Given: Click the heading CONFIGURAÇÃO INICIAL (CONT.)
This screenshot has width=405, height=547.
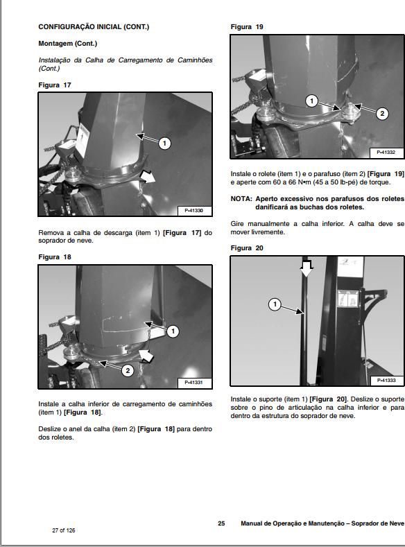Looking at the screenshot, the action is (94, 27).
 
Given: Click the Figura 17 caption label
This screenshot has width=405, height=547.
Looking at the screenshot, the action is (54, 85).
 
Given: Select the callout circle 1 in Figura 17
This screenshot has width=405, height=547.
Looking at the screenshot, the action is (164, 143).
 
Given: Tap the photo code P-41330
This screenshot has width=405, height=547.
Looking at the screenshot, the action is (193, 211).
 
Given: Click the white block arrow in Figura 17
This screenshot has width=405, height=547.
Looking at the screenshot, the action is (148, 177).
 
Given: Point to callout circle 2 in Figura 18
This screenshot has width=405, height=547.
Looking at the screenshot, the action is (128, 370).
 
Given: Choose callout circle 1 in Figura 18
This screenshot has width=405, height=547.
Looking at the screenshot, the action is (173, 331).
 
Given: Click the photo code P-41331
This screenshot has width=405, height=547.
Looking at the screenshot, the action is (193, 382).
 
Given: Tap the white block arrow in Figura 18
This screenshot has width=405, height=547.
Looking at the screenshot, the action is (146, 356).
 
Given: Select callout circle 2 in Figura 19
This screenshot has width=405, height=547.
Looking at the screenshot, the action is (382, 114).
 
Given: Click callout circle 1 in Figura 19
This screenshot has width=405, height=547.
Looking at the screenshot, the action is (311, 101).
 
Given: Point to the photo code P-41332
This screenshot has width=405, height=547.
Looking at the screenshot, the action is (386, 153).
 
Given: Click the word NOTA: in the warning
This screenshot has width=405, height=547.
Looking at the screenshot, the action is (241, 199).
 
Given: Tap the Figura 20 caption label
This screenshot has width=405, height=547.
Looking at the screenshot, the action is (247, 248).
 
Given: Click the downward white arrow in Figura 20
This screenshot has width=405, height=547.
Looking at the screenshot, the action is (307, 268).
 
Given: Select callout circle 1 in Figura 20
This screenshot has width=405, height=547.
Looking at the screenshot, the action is (275, 304).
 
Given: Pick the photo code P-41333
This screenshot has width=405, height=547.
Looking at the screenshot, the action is (386, 380).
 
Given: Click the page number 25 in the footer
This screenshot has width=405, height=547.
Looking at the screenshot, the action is (221, 523).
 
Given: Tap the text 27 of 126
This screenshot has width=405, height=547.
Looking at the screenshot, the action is (64, 530).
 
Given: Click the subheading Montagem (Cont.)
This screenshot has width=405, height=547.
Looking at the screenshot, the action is (68, 44).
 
